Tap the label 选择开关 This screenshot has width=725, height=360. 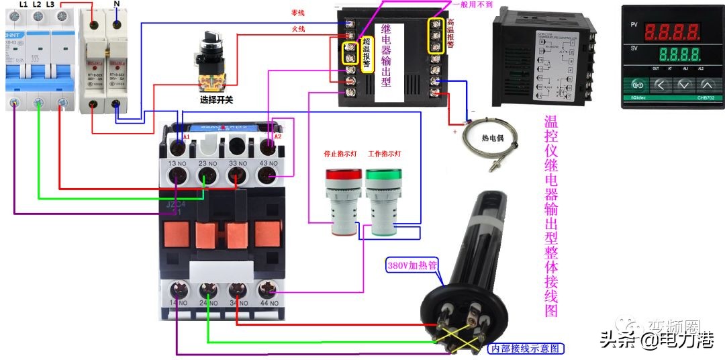coord(216,100)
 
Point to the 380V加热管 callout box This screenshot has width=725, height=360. coord(412,265)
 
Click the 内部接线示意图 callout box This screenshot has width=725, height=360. coord(525,349)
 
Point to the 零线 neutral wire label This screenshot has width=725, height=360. coord(297,13)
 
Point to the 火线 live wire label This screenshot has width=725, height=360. coord(297,29)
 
